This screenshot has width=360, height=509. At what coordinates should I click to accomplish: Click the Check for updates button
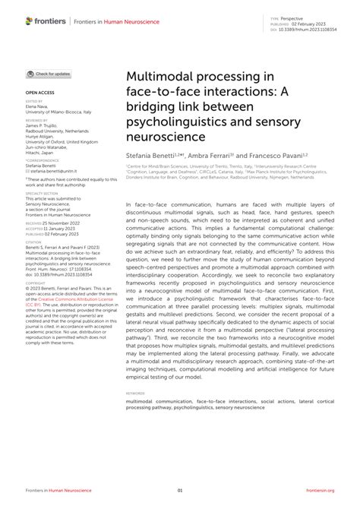(49, 74)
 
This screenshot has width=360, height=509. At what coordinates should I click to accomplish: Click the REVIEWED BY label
(36, 119)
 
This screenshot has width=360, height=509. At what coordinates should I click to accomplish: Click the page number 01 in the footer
(180, 491)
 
